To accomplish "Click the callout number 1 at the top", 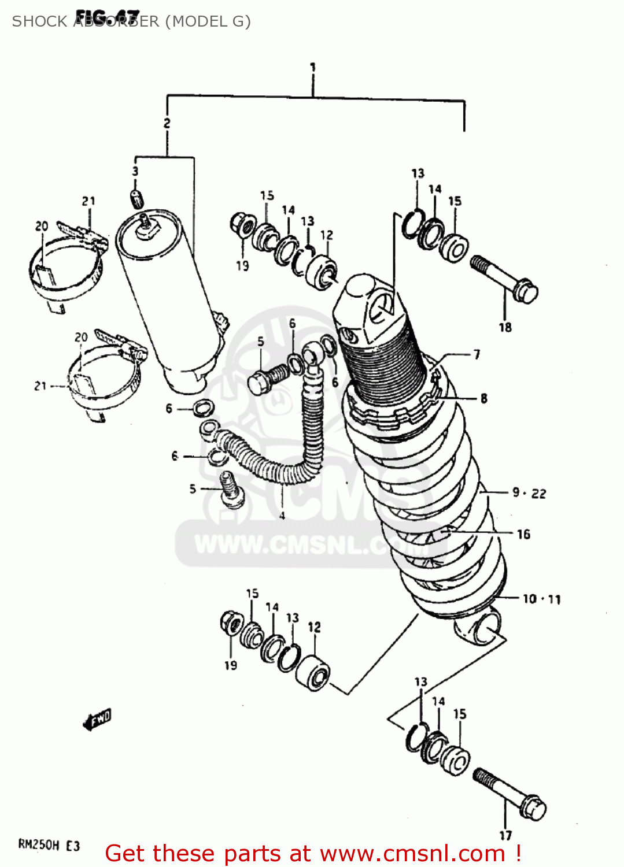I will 312,67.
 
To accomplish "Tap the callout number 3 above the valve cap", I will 135,171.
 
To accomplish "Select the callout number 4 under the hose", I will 282,516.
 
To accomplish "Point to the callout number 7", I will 477,354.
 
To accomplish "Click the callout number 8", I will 483,398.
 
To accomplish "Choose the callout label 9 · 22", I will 529,493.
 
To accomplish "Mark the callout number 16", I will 523,534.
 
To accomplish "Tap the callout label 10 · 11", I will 541,599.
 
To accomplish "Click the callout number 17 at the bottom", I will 505,835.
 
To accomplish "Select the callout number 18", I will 505,327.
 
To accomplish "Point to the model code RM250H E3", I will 49,846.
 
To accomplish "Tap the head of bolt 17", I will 533,808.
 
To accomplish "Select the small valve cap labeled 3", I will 136,198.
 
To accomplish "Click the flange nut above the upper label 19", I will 241,224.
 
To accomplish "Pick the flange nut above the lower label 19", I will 231,623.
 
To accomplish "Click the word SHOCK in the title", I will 39,21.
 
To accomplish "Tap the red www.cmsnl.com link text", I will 412,854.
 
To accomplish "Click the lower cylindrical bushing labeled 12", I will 313,673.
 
